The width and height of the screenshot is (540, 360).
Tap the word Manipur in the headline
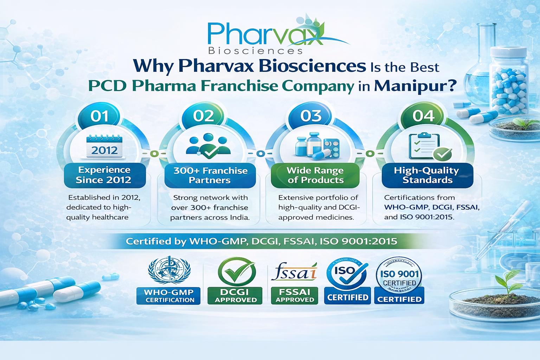pos(415,86)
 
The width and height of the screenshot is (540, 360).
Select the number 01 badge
pos(99,116)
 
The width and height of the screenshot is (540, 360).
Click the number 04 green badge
pos(424,116)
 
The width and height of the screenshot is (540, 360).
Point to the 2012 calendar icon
pos(104,146)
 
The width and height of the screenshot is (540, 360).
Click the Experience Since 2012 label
pos(104,175)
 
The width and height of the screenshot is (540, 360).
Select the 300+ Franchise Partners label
pos(210,175)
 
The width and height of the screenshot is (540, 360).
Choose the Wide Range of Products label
pos(315,175)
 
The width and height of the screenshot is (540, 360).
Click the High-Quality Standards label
pos(427,175)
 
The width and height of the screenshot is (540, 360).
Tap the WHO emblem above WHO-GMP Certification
pos(169,270)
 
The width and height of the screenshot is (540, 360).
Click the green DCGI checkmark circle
pos(237,272)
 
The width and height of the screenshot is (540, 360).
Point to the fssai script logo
pos(294,271)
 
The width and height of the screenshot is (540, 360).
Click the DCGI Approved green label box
pos(235,296)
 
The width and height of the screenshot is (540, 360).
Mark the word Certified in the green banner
pos(148,242)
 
